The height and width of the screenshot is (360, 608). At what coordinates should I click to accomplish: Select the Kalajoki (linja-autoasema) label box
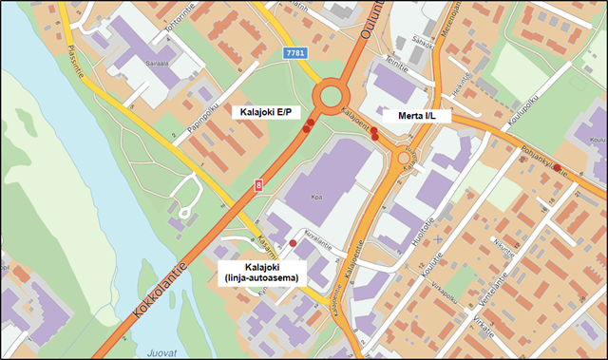[x=258, y=271]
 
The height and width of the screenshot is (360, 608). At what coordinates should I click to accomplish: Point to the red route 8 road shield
[x=256, y=188]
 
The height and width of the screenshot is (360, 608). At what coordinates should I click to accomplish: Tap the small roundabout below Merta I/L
[x=406, y=158]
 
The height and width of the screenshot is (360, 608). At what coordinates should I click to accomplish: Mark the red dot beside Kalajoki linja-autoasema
[x=293, y=243]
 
